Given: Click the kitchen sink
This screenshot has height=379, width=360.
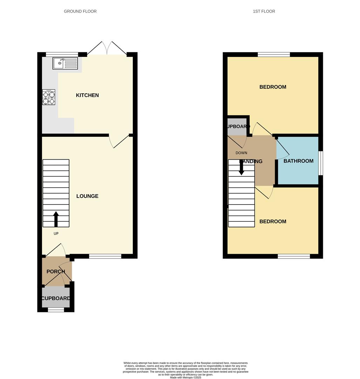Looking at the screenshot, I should point(65,64).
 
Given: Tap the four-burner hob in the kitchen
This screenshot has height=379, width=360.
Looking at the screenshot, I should point(49,98).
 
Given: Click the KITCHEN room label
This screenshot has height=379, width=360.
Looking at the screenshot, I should point(87,95).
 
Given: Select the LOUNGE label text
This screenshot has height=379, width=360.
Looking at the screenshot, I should point(87,196).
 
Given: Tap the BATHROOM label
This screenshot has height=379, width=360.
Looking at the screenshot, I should point(298,161).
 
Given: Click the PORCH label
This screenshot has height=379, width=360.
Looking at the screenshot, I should point(56,272).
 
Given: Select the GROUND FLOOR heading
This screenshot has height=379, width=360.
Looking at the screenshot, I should point(80,11).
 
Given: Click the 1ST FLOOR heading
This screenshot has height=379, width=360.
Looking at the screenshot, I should point(264,11).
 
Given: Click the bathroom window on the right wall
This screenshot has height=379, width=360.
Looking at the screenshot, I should point(321,163).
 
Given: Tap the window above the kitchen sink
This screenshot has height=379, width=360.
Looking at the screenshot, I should point(62,54).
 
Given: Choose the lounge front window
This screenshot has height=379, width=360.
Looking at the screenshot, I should point(105,257).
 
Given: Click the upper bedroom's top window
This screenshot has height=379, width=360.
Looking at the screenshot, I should point(274,54).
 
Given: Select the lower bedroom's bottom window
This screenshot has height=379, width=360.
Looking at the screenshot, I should point(294,257).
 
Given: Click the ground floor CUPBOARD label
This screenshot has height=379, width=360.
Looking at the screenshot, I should point(56,299).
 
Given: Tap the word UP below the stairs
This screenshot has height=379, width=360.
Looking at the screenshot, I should point(56,234).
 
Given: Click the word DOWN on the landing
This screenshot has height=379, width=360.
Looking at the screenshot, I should point(242,153).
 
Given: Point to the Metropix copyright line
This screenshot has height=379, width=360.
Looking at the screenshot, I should point(186,377).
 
